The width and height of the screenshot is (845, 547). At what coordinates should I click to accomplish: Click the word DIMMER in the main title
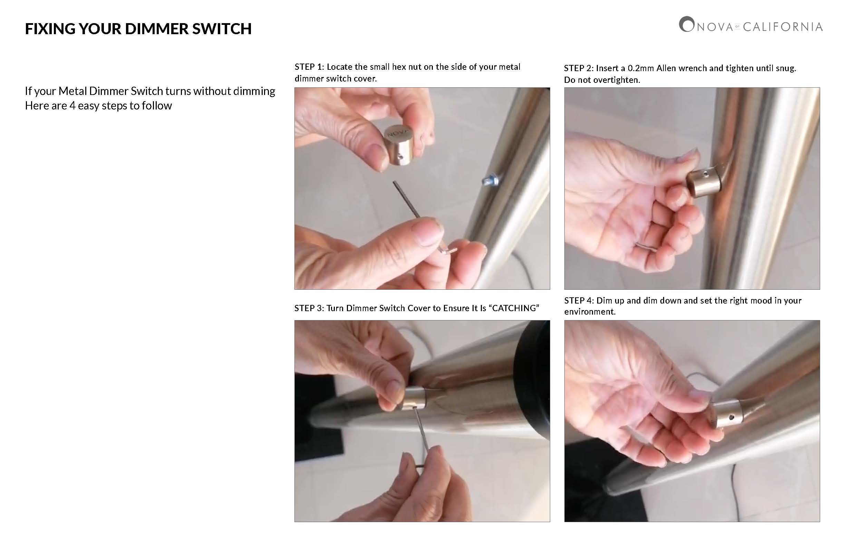click(158, 29)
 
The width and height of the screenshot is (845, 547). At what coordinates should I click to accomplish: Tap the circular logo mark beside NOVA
click(686, 25)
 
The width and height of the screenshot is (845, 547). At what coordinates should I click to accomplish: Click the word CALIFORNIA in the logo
click(783, 27)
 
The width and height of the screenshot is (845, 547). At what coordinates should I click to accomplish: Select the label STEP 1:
click(309, 67)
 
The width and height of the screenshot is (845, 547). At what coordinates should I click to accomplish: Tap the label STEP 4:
click(579, 300)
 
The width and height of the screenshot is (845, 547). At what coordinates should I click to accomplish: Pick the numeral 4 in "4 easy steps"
click(72, 105)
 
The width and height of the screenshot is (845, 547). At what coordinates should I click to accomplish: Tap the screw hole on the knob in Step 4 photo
click(731, 417)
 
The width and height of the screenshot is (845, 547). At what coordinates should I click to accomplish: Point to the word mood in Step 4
click(759, 300)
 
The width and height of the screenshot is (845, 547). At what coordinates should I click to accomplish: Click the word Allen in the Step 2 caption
click(667, 68)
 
